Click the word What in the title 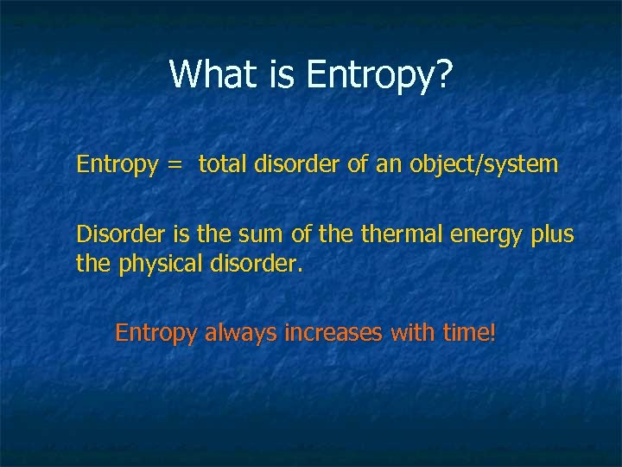pos(212,74)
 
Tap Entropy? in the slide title pos(379,76)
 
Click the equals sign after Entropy pos(174,164)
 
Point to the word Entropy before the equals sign pos(114,164)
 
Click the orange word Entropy pos(156,333)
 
